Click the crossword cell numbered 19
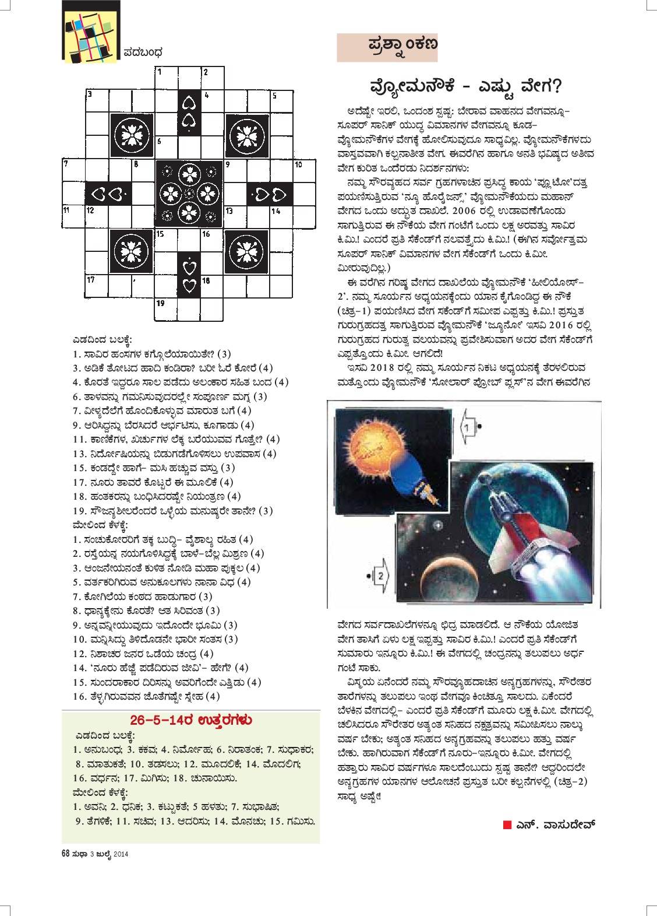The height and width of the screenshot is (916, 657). click(x=166, y=310)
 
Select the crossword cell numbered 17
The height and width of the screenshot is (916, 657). click(x=97, y=286)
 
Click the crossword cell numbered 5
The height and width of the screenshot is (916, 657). click(x=281, y=101)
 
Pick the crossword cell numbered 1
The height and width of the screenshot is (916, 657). click(x=166, y=78)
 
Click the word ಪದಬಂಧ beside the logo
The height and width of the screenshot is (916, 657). click(x=143, y=52)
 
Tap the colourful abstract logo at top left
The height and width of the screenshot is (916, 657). click(x=91, y=33)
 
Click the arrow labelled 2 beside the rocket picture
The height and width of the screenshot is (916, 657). click(x=380, y=575)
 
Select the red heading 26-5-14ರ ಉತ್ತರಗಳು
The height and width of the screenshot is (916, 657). click(x=190, y=720)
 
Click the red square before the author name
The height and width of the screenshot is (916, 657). click(x=507, y=824)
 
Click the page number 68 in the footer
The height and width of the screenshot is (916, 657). click(x=66, y=854)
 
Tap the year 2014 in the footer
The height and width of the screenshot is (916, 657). click(x=121, y=854)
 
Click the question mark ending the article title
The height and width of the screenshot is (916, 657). click(x=556, y=87)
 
